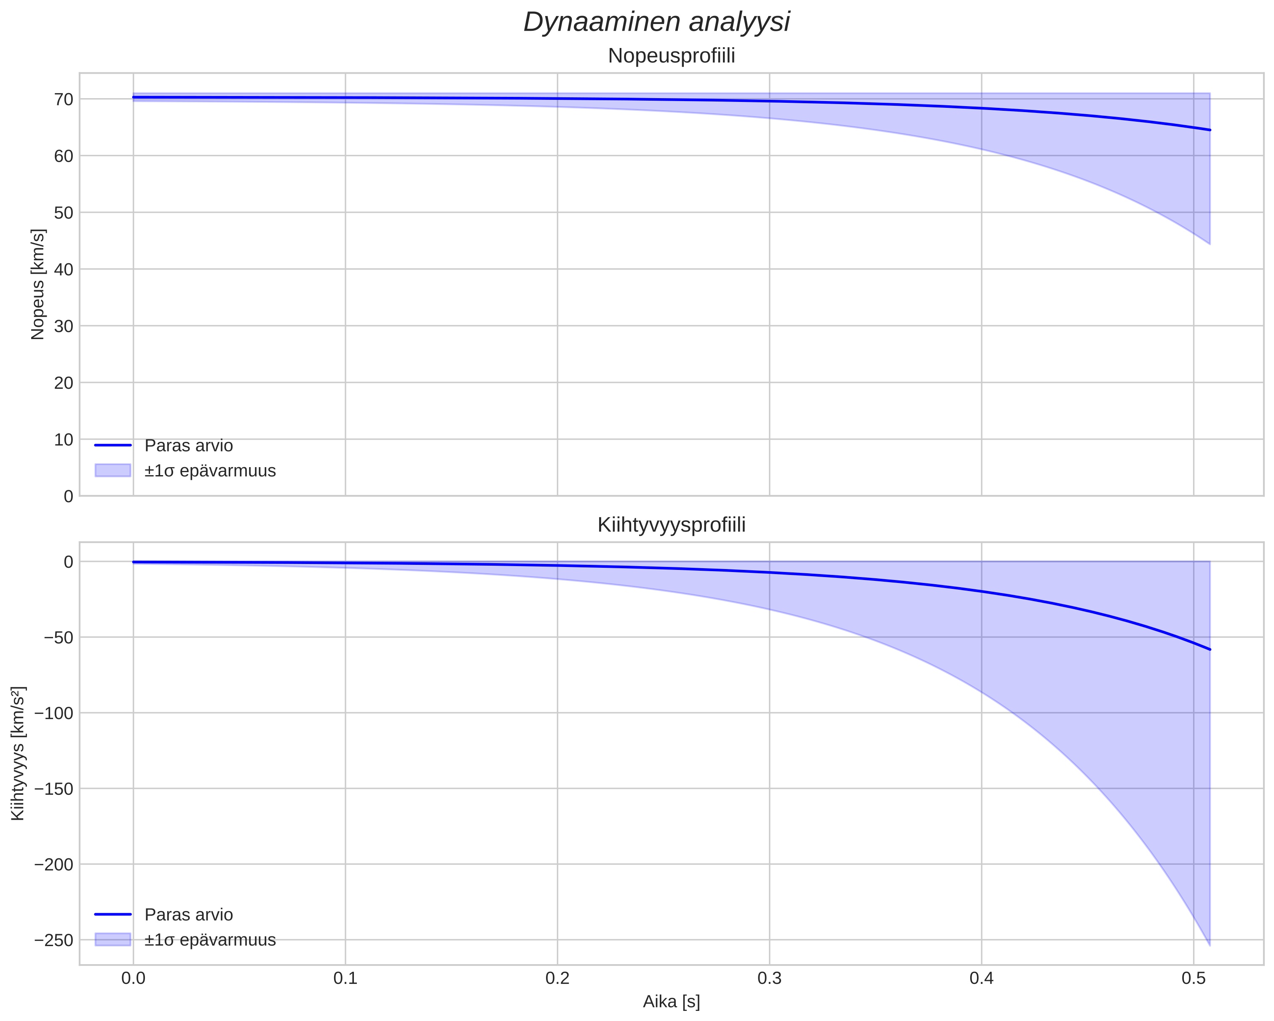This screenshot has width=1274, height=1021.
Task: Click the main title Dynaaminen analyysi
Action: click(656, 22)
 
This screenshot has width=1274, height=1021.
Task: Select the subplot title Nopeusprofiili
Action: click(671, 56)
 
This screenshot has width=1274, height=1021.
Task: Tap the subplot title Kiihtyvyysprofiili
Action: click(671, 525)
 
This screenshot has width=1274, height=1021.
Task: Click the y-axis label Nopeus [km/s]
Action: click(38, 284)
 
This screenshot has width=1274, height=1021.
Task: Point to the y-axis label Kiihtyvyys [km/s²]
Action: click(18, 754)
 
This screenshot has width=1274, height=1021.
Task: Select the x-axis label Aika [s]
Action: click(671, 1002)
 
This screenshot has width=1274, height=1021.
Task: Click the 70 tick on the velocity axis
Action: click(64, 99)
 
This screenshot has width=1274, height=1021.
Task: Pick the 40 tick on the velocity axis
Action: click(64, 270)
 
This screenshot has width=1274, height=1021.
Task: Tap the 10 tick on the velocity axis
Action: click(64, 440)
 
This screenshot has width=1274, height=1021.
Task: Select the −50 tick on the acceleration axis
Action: click(57, 638)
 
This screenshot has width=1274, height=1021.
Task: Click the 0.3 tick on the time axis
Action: click(769, 978)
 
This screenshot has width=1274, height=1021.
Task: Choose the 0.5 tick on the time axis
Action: click(1194, 978)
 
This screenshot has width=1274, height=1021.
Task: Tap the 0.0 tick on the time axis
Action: click(134, 978)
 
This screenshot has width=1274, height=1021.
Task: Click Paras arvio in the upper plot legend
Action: click(188, 446)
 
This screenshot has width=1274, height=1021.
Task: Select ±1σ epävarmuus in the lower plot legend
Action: click(210, 940)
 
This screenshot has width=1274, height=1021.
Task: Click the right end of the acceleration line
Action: click(1210, 649)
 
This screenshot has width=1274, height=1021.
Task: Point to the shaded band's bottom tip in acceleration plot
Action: click(1210, 945)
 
